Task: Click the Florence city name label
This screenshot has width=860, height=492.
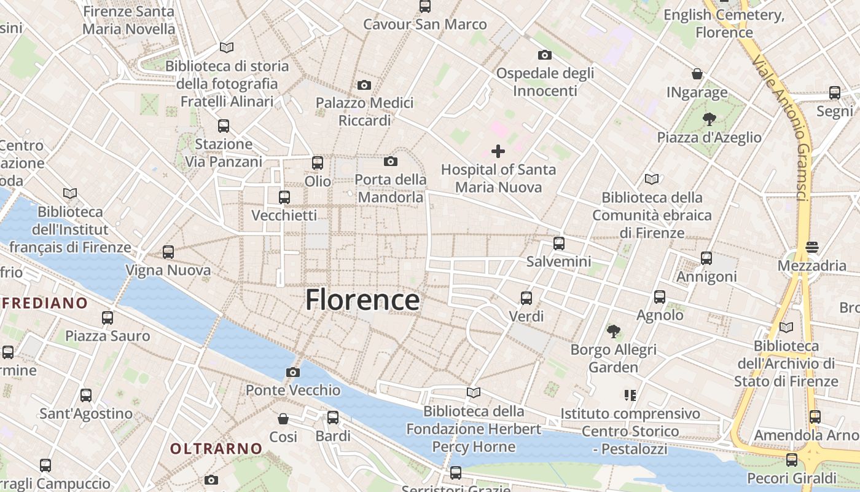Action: point(362,300)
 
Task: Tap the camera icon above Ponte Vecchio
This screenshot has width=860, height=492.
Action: point(293,372)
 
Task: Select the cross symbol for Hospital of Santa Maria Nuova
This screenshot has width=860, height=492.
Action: point(498,151)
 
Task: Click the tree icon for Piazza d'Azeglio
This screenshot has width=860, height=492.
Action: point(709,119)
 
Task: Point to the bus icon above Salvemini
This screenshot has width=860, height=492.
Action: point(558,243)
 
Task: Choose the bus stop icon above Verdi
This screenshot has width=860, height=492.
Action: point(526,298)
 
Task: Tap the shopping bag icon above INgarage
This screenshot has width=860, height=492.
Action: point(697,74)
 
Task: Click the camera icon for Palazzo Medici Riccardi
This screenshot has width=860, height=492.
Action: point(364,85)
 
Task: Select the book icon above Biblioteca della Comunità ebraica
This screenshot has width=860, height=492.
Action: point(652,179)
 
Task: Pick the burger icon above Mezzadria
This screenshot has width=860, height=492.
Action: point(812,247)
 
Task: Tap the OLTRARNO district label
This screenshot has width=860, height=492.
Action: point(216,449)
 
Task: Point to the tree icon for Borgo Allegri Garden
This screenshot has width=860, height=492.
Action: point(613,331)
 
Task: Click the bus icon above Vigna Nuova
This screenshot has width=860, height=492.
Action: point(168,252)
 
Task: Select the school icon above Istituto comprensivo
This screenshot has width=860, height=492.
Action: point(630,395)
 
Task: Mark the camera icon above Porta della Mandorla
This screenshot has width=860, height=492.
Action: point(390,162)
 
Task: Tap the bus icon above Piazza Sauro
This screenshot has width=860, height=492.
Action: point(107,318)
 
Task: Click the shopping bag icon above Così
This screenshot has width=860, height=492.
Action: point(283,419)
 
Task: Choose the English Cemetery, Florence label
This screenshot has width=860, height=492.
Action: point(724,23)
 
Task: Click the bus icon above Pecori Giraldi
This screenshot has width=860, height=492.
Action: point(792,459)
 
